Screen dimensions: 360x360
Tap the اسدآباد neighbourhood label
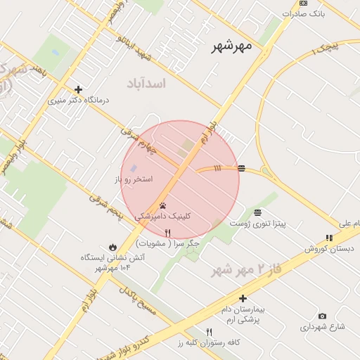tap(146, 84)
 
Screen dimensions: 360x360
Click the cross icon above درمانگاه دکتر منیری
tap(78, 89)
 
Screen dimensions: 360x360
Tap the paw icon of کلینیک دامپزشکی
tap(163, 206)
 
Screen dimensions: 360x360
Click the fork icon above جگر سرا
tap(167, 233)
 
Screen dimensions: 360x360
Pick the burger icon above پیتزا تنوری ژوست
tap(257, 212)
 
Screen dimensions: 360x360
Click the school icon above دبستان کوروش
tap(328, 238)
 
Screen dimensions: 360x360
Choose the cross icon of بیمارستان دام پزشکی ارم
tap(243, 298)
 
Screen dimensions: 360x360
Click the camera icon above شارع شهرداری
tap(322, 316)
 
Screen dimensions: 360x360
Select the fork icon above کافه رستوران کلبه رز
tap(209, 332)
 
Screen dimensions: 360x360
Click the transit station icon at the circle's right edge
tap(241, 168)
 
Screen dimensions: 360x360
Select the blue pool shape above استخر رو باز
tap(134, 169)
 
